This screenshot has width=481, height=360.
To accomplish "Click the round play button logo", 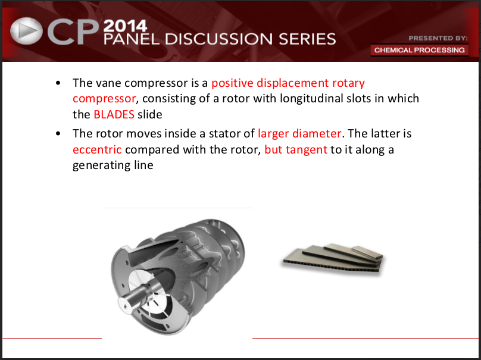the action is click(x=26, y=31).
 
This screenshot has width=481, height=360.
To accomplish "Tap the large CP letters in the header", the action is click(x=73, y=33).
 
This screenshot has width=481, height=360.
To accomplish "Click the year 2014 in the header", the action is click(x=125, y=26).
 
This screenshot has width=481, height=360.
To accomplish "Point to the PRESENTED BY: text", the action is click(x=438, y=38).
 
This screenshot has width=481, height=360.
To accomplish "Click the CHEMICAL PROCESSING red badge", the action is click(x=419, y=50).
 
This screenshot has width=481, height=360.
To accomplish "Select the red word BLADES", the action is click(x=114, y=114).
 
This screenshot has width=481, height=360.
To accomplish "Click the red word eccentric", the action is click(x=97, y=149).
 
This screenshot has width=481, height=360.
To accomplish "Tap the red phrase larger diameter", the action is click(x=299, y=134).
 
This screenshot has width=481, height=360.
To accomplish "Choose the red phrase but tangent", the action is click(x=296, y=149).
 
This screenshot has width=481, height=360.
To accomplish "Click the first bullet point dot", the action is click(x=58, y=83).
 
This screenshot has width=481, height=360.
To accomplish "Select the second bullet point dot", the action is click(x=58, y=134).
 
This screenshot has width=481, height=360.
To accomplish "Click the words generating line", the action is click(x=113, y=165).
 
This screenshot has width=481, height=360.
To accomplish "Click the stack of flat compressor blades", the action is click(x=333, y=259).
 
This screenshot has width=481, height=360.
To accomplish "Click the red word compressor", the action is click(x=104, y=99).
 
